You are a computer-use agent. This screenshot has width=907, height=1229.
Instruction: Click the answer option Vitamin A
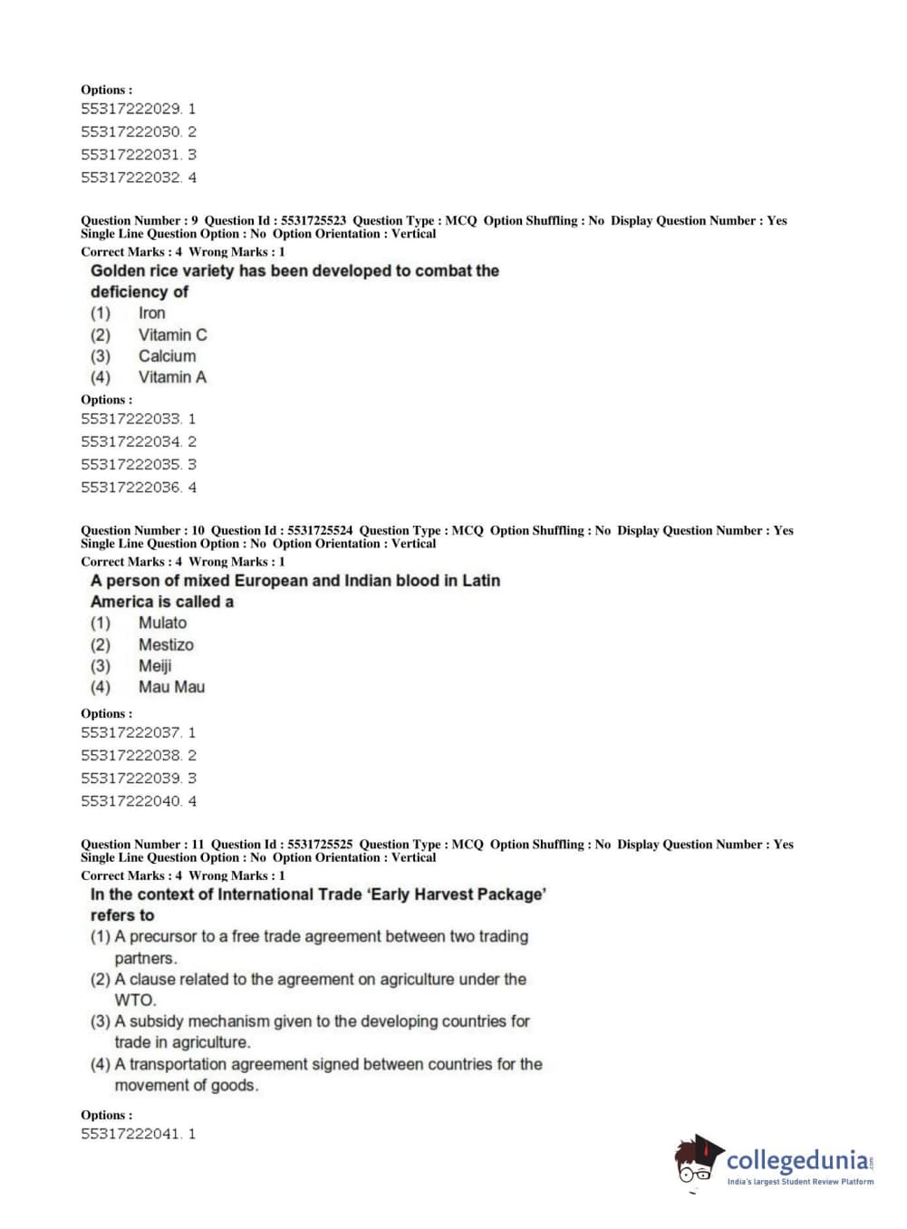(171, 377)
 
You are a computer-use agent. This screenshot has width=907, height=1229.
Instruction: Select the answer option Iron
(151, 313)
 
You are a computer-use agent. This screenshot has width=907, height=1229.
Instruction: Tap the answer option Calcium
(167, 356)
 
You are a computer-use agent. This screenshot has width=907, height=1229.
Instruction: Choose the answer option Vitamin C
(172, 334)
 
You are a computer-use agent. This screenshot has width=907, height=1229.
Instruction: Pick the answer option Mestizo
(166, 644)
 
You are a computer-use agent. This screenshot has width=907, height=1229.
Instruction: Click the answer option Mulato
(162, 623)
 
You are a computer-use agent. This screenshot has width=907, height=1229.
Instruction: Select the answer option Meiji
(155, 665)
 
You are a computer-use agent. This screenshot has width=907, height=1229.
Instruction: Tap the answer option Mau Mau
(171, 687)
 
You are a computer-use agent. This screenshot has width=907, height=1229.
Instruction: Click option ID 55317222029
(130, 109)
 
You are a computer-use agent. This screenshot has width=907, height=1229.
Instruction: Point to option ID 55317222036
(130, 488)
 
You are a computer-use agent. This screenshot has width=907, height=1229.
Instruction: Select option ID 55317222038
(130, 755)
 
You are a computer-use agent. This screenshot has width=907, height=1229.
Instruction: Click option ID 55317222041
(130, 1134)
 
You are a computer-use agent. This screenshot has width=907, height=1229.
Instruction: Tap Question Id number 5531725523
(314, 220)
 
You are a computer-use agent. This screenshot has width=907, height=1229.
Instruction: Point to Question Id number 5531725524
(320, 530)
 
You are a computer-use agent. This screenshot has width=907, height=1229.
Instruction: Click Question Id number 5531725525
(320, 844)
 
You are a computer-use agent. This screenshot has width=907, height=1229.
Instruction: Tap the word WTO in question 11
(135, 1001)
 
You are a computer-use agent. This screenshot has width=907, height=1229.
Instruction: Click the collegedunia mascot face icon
(696, 1159)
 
